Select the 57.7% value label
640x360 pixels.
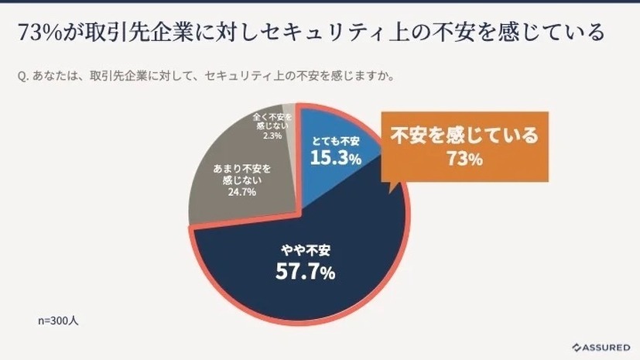point(306,272)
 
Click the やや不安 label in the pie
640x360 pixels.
point(306,250)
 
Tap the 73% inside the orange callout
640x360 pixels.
point(464,159)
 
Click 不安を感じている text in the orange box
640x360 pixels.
point(464,137)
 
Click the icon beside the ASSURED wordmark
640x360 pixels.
point(577,347)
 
